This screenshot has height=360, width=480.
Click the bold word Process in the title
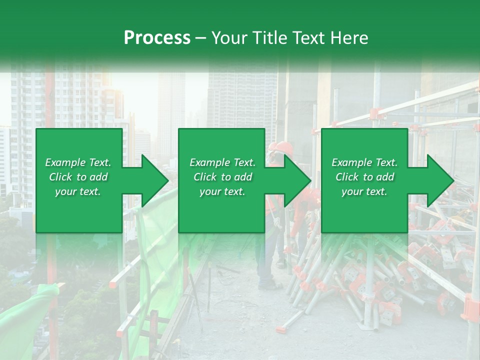tap(157, 38)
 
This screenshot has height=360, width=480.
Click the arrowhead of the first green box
tap(155, 180)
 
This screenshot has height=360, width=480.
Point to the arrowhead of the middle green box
tap(297, 180)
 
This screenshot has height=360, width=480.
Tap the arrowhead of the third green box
tap(440, 180)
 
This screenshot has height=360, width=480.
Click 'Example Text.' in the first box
tap(78, 162)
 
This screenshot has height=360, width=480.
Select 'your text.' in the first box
tap(78, 191)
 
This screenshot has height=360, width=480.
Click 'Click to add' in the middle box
tap(222, 177)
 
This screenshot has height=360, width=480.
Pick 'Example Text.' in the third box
tap(364, 162)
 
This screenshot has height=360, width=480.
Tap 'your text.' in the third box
tap(364, 191)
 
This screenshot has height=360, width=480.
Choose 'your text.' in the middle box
tap(222, 191)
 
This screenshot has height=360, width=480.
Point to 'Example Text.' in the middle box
tap(222, 162)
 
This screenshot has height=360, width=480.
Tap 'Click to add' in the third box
tap(364, 177)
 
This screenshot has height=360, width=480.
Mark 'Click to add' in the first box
tap(78, 177)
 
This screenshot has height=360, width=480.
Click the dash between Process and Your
tap(201, 38)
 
